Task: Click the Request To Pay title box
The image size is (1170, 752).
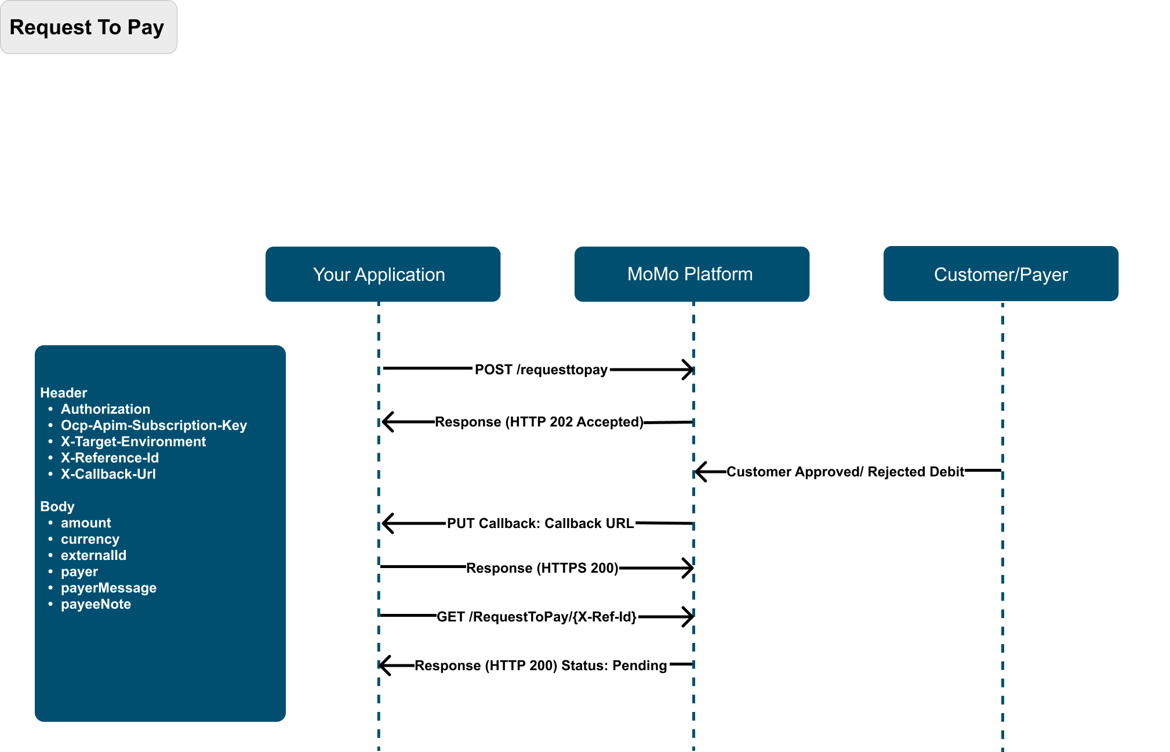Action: pyautogui.click(x=89, y=27)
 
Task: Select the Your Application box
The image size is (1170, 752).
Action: pyautogui.click(x=383, y=274)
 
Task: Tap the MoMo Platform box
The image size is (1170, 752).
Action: pyautogui.click(x=692, y=274)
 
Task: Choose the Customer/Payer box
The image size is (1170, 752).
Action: pyautogui.click(x=1001, y=274)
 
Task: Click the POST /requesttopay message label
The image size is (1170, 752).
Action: pyautogui.click(x=541, y=370)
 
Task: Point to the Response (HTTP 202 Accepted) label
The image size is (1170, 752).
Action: pyautogui.click(x=539, y=422)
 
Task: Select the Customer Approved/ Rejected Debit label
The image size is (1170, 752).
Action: pyautogui.click(x=845, y=472)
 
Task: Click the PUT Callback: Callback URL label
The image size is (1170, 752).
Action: pyautogui.click(x=540, y=523)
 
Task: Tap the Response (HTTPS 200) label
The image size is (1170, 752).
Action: pyautogui.click(x=542, y=568)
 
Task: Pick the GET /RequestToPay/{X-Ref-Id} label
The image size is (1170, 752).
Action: pyautogui.click(x=536, y=617)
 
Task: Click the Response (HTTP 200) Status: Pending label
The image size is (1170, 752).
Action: pyautogui.click(x=540, y=666)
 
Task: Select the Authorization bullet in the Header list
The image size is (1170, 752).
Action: pyautogui.click(x=106, y=409)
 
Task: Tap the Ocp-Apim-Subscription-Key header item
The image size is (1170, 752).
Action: pyautogui.click(x=154, y=425)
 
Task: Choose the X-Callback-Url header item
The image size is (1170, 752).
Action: pyautogui.click(x=108, y=474)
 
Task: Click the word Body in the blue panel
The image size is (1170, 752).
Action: pyautogui.click(x=57, y=507)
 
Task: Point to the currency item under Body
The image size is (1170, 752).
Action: pyautogui.click(x=90, y=539)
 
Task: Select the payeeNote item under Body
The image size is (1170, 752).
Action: pyautogui.click(x=96, y=604)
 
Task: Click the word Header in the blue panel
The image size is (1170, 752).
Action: pyautogui.click(x=63, y=393)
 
